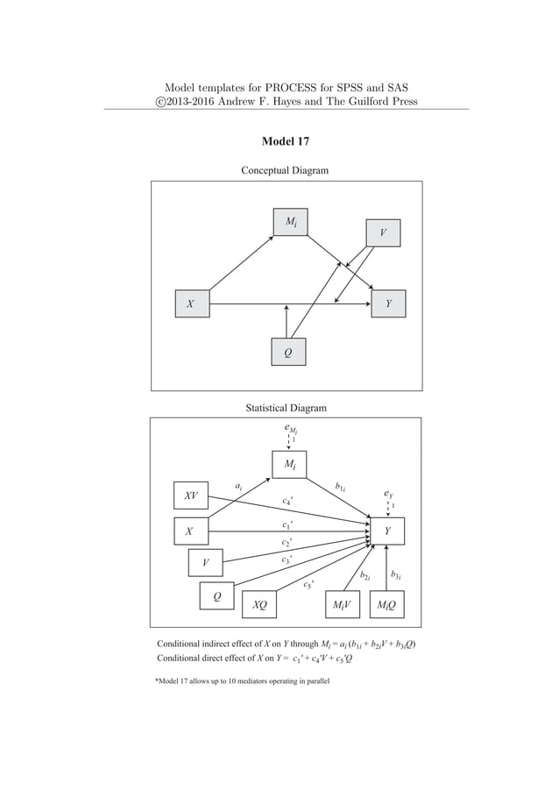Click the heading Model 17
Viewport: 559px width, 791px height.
(x=285, y=141)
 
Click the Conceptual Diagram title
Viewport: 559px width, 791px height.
(x=285, y=170)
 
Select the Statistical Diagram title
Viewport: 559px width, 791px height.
(x=286, y=408)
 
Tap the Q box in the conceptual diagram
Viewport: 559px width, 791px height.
(x=287, y=351)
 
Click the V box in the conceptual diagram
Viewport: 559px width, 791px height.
(x=382, y=233)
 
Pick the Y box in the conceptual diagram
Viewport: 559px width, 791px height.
(x=388, y=303)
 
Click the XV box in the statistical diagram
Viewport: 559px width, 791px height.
(x=190, y=496)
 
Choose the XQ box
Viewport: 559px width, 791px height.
(x=259, y=604)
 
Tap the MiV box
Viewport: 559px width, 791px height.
(x=341, y=604)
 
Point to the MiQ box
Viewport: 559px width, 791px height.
(x=386, y=604)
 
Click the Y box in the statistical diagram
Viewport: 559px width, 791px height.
(x=388, y=531)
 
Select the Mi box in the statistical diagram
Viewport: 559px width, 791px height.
(x=289, y=463)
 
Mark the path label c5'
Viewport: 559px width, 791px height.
(x=308, y=584)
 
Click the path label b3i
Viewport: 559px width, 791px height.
(x=397, y=575)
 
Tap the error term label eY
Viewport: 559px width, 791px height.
(x=389, y=495)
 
